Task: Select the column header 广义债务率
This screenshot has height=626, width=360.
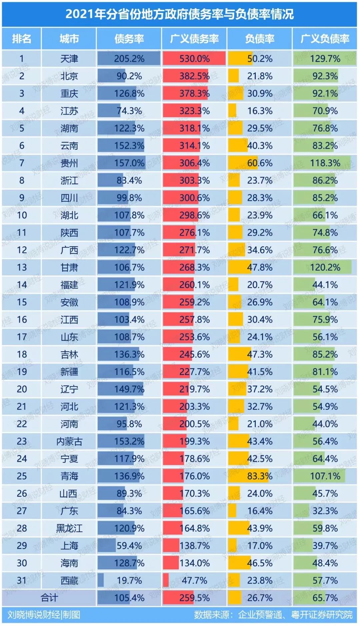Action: tap(194, 39)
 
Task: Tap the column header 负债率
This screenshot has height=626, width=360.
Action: tap(259, 39)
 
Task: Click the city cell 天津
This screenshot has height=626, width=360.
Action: tap(69, 59)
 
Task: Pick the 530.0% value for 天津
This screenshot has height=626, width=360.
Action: tap(194, 59)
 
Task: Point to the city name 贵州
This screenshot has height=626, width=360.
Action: tap(69, 163)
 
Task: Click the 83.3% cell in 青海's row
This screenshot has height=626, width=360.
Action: tap(259, 476)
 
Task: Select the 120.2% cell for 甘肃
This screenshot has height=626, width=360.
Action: tap(325, 267)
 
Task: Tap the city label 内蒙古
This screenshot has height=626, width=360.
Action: tap(69, 442)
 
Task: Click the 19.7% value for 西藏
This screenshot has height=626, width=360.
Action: tap(129, 581)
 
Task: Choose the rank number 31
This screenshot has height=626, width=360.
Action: tap(22, 581)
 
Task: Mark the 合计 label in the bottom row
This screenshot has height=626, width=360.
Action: tap(49, 598)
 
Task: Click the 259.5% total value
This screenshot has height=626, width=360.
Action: tap(194, 598)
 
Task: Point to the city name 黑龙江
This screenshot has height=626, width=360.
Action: tap(69, 529)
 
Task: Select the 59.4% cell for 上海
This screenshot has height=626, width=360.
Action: tap(129, 546)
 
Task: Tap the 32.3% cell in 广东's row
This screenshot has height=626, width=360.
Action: tap(325, 511)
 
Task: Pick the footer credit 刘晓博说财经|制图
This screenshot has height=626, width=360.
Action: tap(44, 615)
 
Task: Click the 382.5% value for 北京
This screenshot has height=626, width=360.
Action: tap(194, 76)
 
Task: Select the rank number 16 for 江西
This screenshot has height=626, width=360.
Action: tap(22, 320)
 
